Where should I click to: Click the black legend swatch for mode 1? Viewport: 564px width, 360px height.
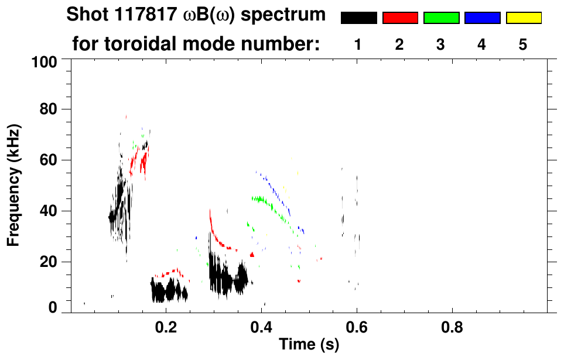[358, 18]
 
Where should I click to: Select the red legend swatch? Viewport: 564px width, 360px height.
[400, 18]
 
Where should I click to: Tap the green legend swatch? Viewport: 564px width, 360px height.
[441, 18]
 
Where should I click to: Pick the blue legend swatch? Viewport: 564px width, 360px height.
[482, 18]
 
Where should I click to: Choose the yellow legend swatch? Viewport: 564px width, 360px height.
[523, 18]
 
